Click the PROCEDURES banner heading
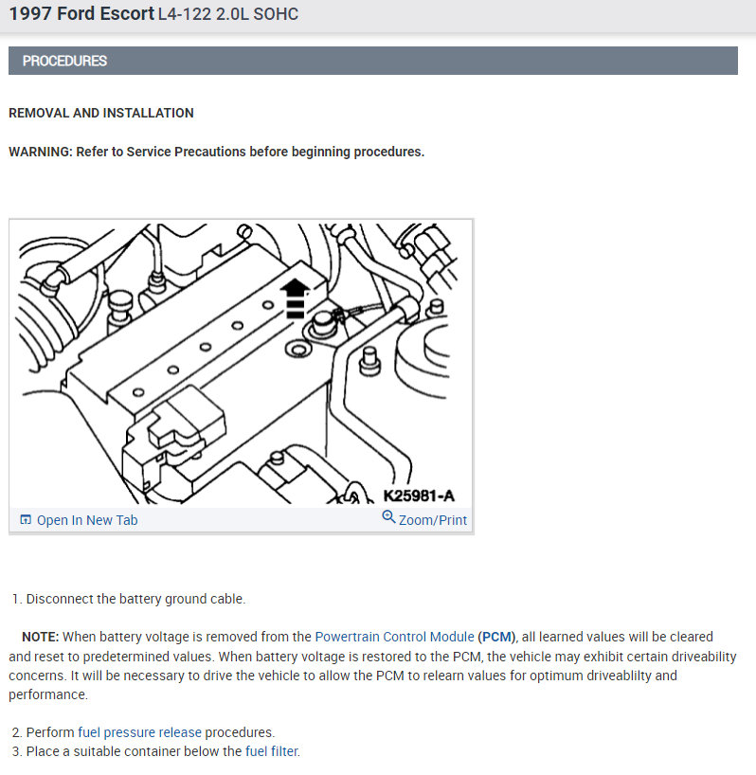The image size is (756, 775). click(x=64, y=61)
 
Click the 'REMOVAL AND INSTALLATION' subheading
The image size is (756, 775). click(x=101, y=113)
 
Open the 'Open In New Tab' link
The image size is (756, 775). click(x=87, y=520)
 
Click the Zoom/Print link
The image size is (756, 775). click(x=432, y=520)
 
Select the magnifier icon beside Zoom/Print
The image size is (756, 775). click(x=388, y=517)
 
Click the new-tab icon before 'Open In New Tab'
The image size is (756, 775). click(x=26, y=519)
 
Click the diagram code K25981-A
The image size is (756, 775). click(x=419, y=496)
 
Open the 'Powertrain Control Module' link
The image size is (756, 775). click(x=394, y=637)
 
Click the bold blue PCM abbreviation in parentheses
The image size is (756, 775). click(x=496, y=637)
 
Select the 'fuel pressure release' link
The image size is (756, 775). click(x=140, y=732)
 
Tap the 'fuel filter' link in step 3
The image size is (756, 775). click(x=272, y=751)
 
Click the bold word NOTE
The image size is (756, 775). click(x=40, y=637)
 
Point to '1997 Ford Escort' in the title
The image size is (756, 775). click(x=81, y=14)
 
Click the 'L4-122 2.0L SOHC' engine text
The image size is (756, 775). click(x=228, y=14)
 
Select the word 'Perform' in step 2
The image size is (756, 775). click(x=50, y=732)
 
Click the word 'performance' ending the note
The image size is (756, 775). click(x=48, y=694)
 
